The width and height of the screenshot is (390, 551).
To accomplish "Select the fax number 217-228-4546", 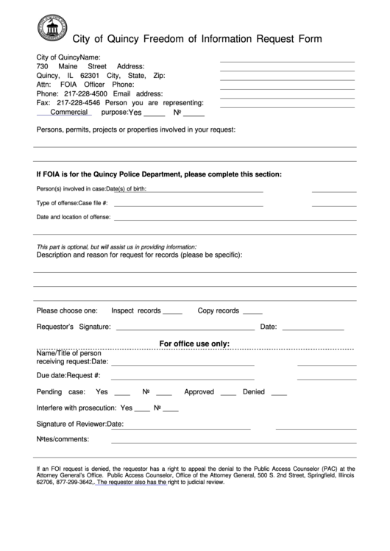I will tap(83, 103).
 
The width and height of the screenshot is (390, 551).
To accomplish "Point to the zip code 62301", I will tap(88, 76).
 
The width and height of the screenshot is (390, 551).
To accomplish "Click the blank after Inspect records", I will tap(172, 312).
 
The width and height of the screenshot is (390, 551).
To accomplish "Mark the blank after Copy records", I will tap(252, 312).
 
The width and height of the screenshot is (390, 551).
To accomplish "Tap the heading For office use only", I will tap(195, 344).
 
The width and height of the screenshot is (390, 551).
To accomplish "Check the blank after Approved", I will tap(228, 393).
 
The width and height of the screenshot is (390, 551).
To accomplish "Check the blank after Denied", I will tap(279, 393).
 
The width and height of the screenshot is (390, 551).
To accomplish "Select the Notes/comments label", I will tap(63, 439).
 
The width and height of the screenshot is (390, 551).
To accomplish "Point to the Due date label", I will tap(51, 376).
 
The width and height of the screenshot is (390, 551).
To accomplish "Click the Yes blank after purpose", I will tap(154, 115).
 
